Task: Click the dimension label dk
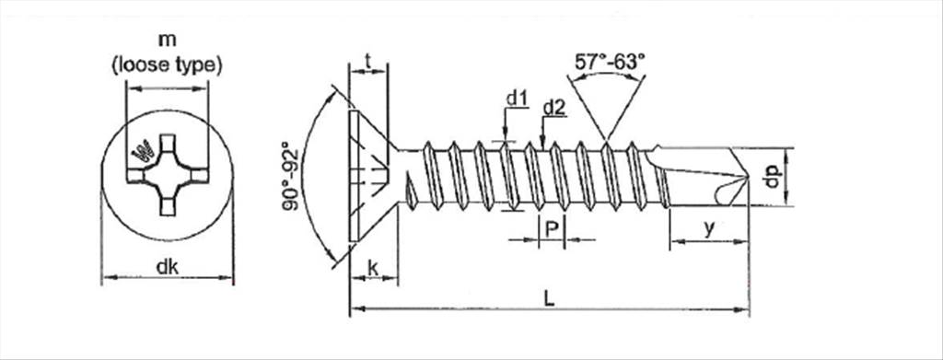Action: pos(168,267)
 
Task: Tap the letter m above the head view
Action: pos(168,41)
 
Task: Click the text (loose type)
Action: pos(168,64)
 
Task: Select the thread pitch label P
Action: pos(551,229)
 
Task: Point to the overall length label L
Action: pos(549,298)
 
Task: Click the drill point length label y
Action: pos(710,229)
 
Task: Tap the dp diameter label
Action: pos(773,176)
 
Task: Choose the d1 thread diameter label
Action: pos(516,98)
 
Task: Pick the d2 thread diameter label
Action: pos(553,108)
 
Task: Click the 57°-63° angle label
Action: pos(609,62)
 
